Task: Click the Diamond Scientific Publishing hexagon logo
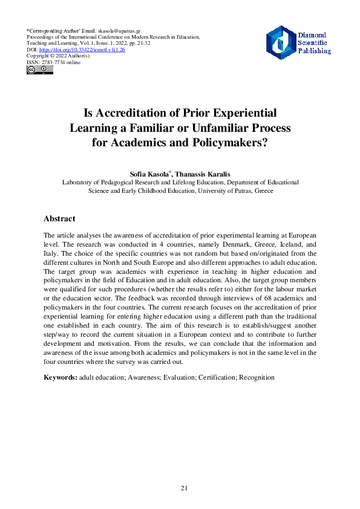[x=280, y=42]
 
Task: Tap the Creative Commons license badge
[x=39, y=70]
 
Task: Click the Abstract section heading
[x=59, y=219]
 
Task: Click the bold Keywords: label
[x=61, y=377]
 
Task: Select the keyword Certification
[x=212, y=377]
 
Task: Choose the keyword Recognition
[x=257, y=377]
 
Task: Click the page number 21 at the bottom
[x=185, y=487]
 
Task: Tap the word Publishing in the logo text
[x=314, y=51]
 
